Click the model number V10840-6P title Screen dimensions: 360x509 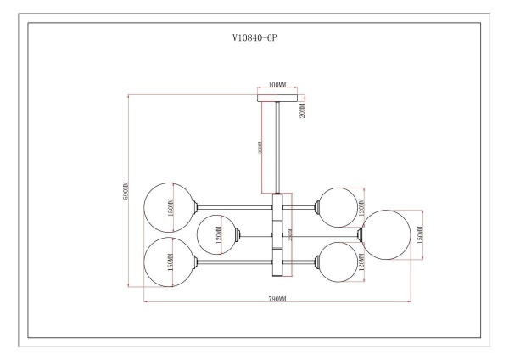coord(255,39)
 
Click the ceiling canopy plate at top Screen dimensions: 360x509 coord(277,95)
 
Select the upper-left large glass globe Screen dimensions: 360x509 coord(168,206)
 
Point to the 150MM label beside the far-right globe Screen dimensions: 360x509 coord(422,233)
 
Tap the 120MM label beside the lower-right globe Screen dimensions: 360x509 coord(361,265)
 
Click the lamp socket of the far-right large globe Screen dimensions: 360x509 coord(361,232)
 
